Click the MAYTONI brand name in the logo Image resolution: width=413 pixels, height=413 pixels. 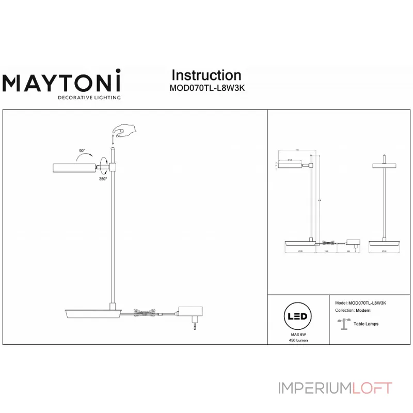(62, 83)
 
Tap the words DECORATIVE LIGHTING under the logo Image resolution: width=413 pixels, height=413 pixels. (89, 97)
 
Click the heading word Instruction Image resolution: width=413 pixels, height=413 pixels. (206, 75)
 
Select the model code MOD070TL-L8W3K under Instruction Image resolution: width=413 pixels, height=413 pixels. (207, 88)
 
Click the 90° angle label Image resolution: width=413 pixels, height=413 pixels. (82, 151)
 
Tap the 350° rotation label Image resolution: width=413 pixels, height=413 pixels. (103, 179)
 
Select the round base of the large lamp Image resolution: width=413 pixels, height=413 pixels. (90, 313)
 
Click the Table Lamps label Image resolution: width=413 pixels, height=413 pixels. (366, 324)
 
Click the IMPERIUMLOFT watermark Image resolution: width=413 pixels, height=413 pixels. (335, 388)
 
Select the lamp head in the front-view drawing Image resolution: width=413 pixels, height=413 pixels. (384, 165)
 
